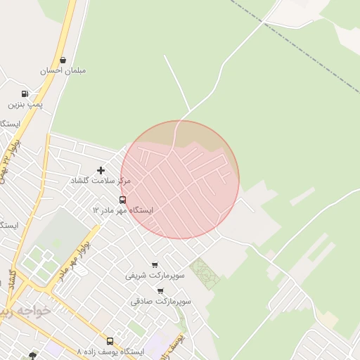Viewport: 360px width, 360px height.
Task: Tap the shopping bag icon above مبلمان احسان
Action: coord(64,60)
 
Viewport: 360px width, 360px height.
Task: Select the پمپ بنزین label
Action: coord(26,104)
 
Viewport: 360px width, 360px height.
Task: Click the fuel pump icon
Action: coord(25,94)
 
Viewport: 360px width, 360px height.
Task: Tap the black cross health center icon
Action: coord(101,170)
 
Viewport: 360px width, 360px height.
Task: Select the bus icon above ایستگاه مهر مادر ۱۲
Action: coord(123,200)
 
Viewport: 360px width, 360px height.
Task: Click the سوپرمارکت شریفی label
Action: coord(155,275)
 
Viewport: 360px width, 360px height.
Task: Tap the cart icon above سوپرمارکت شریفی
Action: coord(155,265)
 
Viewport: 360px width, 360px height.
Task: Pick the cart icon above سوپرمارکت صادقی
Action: coord(160,291)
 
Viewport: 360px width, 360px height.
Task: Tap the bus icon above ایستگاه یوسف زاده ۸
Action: coord(110,341)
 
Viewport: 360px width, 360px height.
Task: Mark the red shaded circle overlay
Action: coord(180,180)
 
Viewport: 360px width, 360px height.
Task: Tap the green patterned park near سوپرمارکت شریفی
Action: coord(205,273)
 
